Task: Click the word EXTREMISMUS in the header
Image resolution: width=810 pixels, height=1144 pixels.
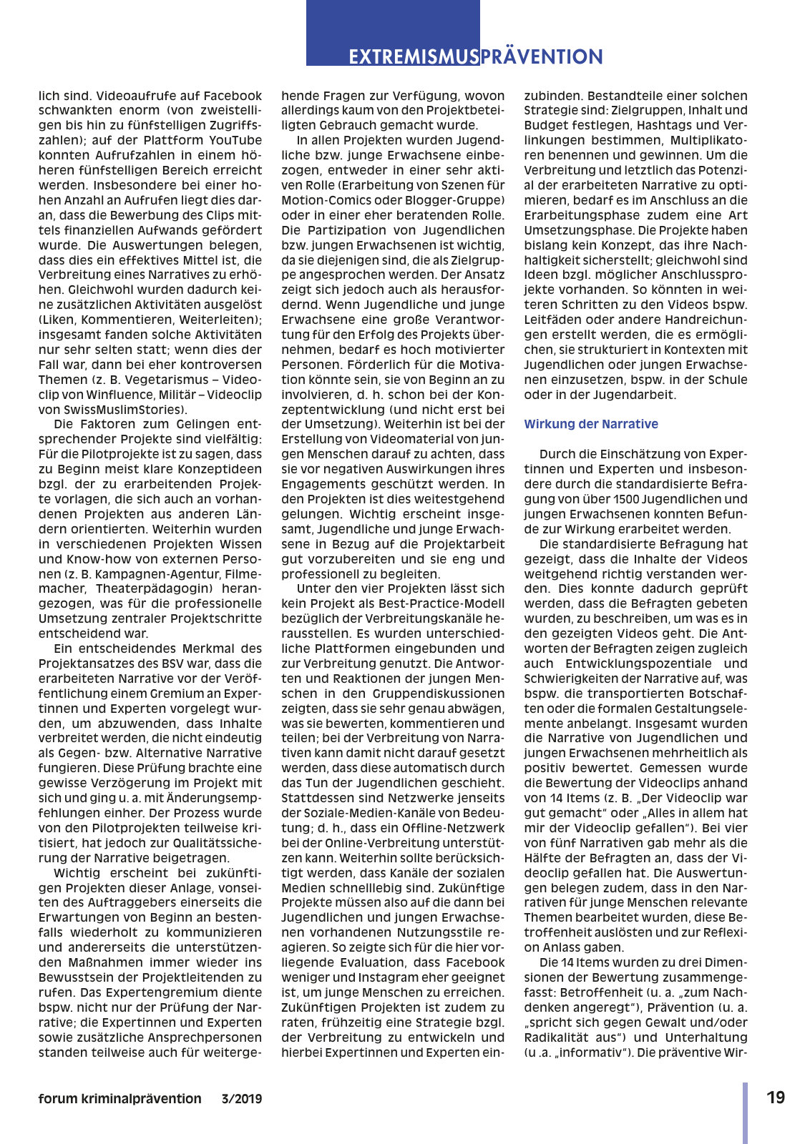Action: tap(413, 57)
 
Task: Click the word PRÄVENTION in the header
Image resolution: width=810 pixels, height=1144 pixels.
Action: tap(542, 57)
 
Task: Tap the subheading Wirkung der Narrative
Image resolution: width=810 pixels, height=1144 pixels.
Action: tap(590, 424)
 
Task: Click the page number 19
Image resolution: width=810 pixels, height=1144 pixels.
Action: tap(776, 1098)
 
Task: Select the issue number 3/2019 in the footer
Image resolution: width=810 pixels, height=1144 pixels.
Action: tap(241, 1099)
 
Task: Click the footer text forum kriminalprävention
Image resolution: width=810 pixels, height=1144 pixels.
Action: tap(119, 1099)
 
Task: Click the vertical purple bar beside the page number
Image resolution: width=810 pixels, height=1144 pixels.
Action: tap(745, 1113)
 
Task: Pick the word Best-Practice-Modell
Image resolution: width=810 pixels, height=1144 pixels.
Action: tap(441, 603)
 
